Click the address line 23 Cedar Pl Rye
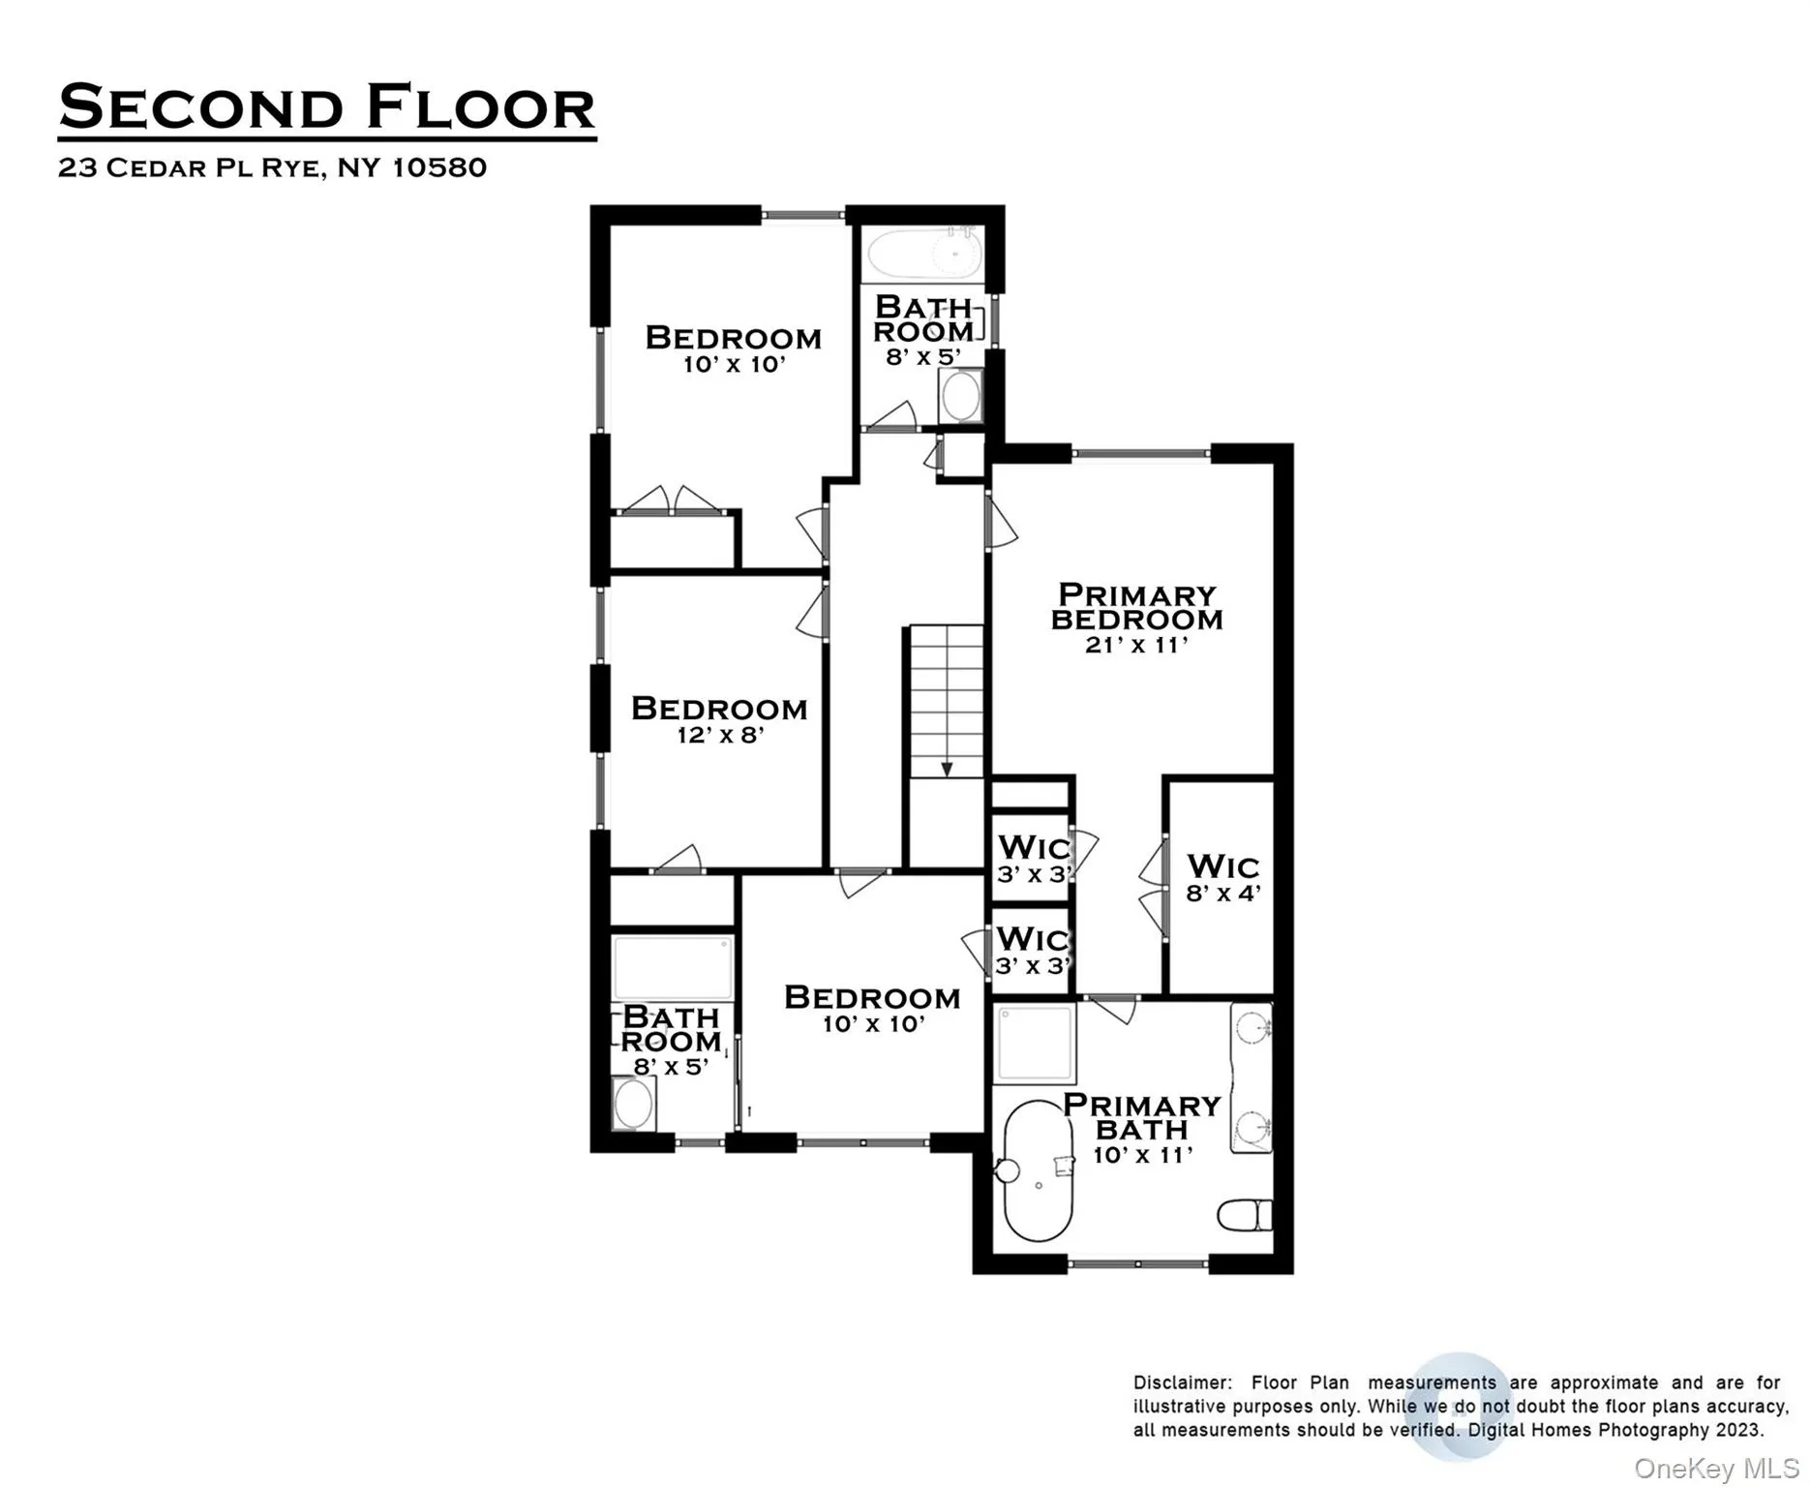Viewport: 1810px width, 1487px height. point(272,167)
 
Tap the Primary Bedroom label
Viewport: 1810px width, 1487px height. point(1136,607)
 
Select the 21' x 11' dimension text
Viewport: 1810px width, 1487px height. point(1136,645)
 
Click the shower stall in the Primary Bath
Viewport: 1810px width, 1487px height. point(1035,1043)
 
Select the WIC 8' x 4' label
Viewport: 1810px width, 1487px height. point(1222,878)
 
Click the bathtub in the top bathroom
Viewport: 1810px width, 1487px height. point(924,255)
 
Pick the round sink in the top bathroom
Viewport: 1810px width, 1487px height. point(960,396)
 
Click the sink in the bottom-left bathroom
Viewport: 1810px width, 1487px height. point(633,1105)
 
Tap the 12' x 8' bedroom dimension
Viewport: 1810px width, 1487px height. point(720,735)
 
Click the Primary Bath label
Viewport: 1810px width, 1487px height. point(1141,1117)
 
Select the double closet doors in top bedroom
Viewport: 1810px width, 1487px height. point(671,501)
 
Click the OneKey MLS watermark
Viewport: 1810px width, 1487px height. point(1715,1469)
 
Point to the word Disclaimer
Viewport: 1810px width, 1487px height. point(1182,1382)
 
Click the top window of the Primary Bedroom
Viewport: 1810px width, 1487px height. point(1140,453)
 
